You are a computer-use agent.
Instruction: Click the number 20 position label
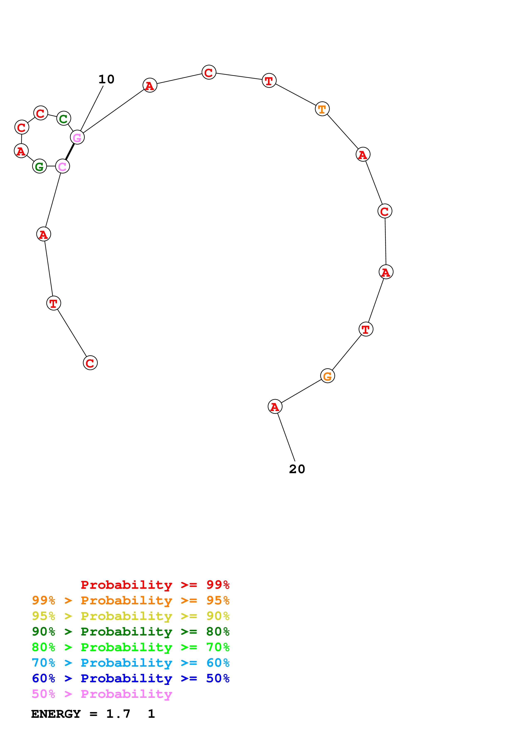297,469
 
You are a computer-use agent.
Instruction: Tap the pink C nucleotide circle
63,166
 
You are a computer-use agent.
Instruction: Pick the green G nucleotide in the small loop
39,166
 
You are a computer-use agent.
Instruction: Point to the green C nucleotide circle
63,119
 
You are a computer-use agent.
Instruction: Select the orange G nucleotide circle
327,376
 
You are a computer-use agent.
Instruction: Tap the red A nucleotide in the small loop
21,151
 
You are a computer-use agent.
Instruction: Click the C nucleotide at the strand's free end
90,363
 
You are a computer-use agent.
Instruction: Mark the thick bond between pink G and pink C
70,152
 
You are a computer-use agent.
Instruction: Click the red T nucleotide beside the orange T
269,81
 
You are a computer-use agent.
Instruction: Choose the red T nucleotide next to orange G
366,329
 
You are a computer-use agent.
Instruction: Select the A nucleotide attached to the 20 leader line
275,407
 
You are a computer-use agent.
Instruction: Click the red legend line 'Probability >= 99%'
155,585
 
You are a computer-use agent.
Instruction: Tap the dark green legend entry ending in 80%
130,632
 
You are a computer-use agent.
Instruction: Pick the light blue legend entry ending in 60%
130,663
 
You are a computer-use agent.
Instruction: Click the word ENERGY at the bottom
56,714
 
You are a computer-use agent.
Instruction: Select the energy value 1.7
118,714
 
